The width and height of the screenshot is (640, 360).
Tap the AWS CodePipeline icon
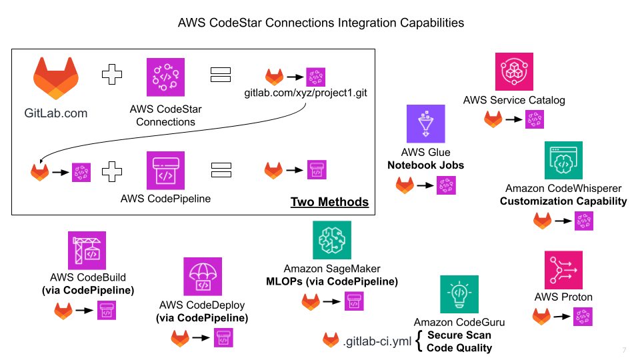165,170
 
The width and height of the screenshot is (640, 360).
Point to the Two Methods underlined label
329,202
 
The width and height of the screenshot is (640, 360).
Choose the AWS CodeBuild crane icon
87,251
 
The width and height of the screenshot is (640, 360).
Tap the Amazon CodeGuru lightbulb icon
459,294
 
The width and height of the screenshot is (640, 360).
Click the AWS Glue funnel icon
425,123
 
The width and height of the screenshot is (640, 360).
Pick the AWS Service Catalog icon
514,72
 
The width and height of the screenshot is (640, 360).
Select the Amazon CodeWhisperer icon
563,160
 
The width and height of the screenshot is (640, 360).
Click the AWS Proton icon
563,270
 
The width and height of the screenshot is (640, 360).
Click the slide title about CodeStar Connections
321,22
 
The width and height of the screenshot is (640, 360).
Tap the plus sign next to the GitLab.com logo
112,74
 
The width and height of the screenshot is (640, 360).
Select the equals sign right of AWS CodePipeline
220,170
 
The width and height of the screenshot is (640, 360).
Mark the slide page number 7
624,351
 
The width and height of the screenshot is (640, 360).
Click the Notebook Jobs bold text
425,165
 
